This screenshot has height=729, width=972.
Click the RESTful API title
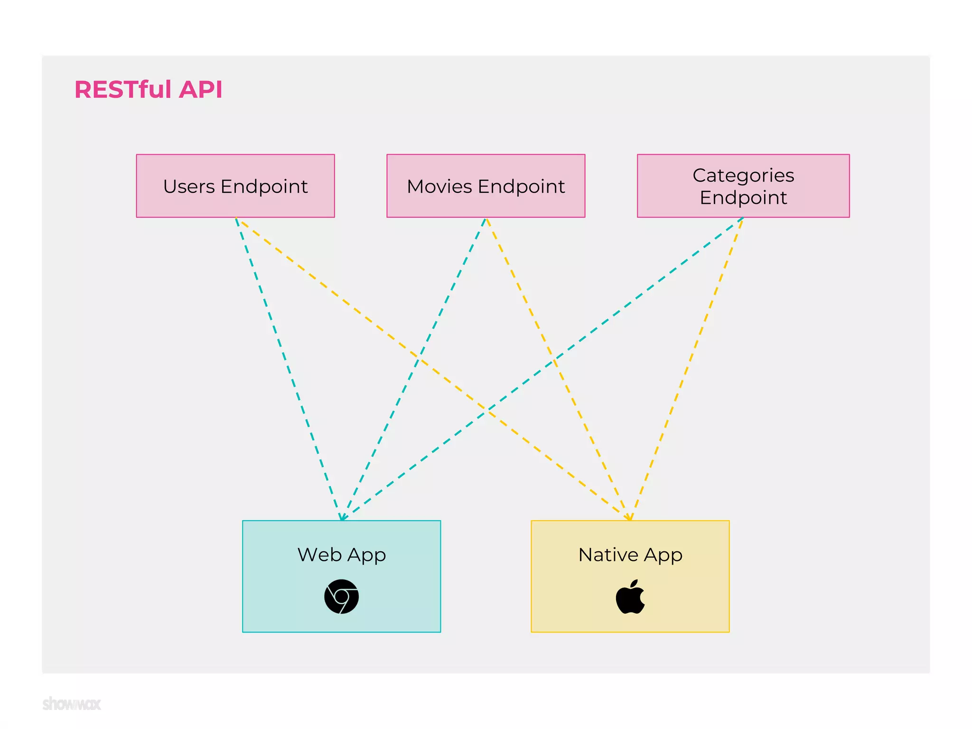coord(148,89)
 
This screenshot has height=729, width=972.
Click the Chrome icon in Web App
coord(341,597)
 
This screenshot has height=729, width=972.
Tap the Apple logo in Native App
coord(630,597)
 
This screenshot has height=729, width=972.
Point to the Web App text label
coord(341,554)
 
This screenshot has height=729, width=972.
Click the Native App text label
coord(630,554)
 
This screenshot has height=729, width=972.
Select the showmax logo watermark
coord(72,703)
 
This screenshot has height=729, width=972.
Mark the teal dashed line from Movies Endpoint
coord(441,311)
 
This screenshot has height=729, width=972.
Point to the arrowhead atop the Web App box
coord(342,517)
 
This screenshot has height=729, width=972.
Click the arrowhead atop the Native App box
coord(629,517)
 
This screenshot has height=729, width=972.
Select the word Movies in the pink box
coord(439,187)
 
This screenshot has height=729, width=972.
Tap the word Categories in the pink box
coord(743,176)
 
